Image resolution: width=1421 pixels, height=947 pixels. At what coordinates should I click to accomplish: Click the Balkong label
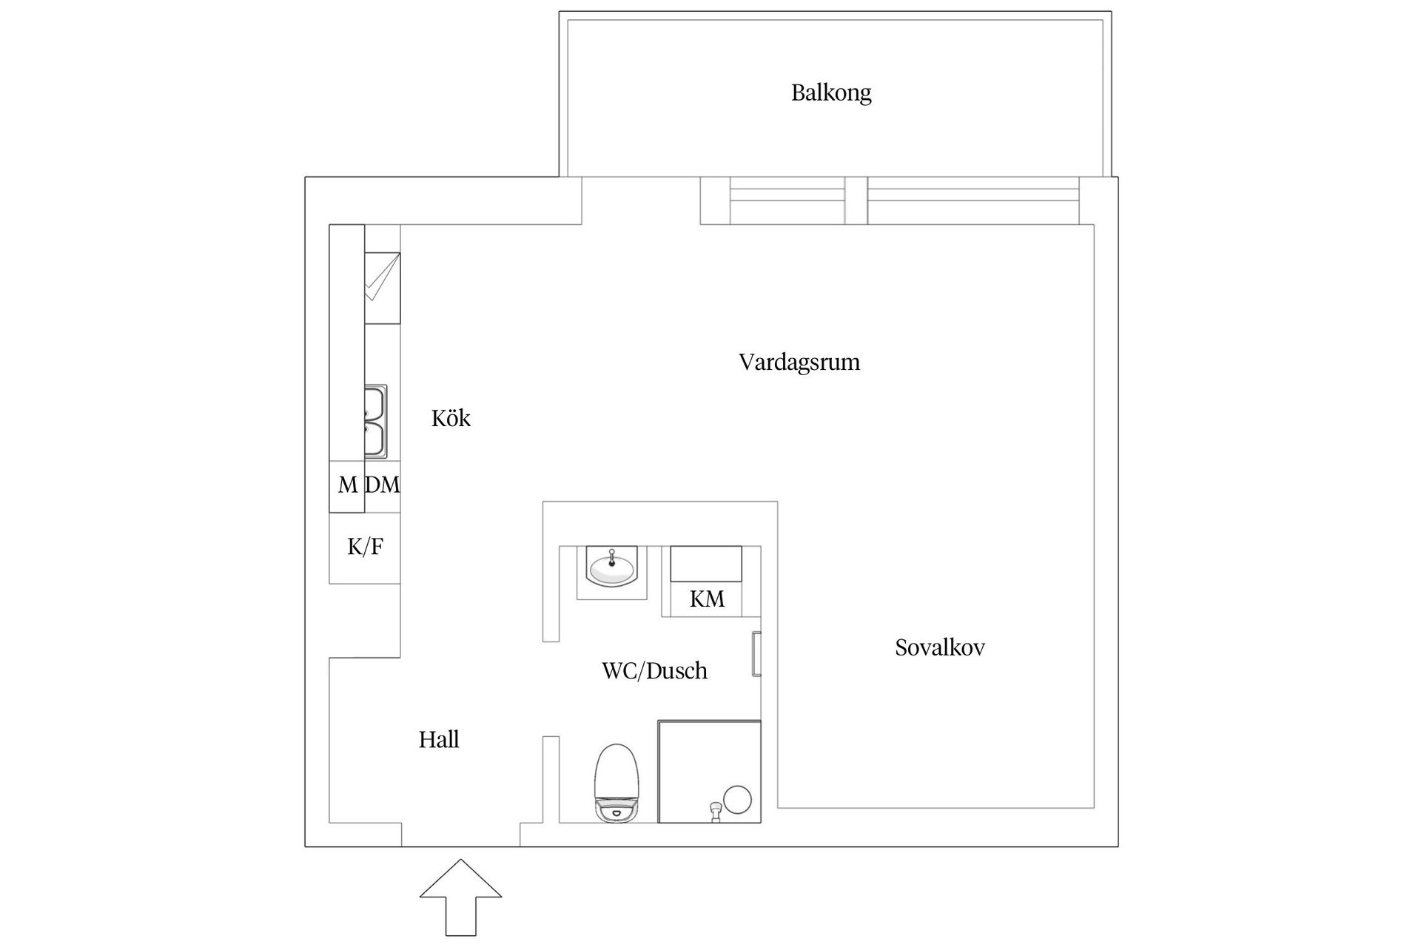pos(831,93)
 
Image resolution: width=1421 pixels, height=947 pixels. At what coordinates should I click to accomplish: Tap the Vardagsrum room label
pos(799,363)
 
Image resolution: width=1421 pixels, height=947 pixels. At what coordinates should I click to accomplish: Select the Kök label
pos(451,419)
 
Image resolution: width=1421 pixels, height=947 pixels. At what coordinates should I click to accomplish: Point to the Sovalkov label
pos(940,648)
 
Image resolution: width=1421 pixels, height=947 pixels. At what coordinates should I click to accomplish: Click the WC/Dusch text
pos(654,671)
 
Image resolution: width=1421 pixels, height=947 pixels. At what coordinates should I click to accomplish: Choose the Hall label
pos(439,740)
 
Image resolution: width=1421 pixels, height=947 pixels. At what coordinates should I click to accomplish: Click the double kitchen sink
pos(375,421)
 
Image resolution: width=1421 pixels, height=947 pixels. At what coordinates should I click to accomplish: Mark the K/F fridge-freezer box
pos(365,547)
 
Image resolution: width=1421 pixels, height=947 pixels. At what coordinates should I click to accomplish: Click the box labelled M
pos(346,485)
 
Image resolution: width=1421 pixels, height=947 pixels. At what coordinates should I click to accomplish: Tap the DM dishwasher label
pos(383,485)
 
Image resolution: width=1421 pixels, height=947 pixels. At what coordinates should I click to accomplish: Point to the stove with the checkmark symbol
pos(382,287)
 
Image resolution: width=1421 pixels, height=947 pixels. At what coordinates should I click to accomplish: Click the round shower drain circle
pos(737,800)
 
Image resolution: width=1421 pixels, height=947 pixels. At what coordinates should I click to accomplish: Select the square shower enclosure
pos(709,769)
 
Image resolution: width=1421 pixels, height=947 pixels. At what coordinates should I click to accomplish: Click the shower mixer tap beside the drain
pos(714,812)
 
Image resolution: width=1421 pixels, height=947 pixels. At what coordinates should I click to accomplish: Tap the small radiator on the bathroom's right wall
pos(756,654)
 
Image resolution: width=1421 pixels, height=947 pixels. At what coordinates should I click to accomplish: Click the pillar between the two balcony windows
pos(856,200)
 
